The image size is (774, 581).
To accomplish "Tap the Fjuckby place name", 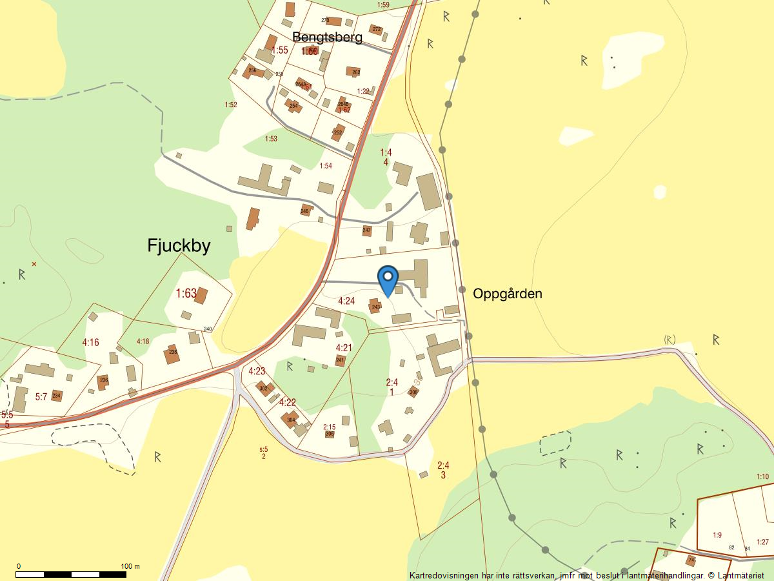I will coord(179,246).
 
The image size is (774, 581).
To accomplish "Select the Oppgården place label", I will coord(507,294).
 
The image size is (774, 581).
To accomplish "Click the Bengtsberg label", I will coord(327,37).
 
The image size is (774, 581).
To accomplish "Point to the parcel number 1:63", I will coord(186,294).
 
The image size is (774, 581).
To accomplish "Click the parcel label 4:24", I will coord(346,301).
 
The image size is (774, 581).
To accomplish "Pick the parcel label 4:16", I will coord(90,342).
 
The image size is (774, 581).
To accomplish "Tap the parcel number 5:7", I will coord(41,397).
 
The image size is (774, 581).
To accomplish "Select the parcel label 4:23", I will coord(257,371).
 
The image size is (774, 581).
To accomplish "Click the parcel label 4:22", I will coord(287,402).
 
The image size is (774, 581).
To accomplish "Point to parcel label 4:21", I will coord(344,348).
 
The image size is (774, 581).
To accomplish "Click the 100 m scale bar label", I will coord(130,567).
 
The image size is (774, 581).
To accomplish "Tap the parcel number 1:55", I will coord(279,50).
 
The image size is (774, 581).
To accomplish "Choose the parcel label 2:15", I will coord(329,427).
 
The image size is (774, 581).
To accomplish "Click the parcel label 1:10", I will coord(762,477).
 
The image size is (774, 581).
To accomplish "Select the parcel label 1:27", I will coord(762,542).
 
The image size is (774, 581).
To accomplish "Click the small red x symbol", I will coord(34,264).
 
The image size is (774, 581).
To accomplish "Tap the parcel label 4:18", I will coord(143,341).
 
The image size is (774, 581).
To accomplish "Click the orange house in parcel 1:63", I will coord(201,296).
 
